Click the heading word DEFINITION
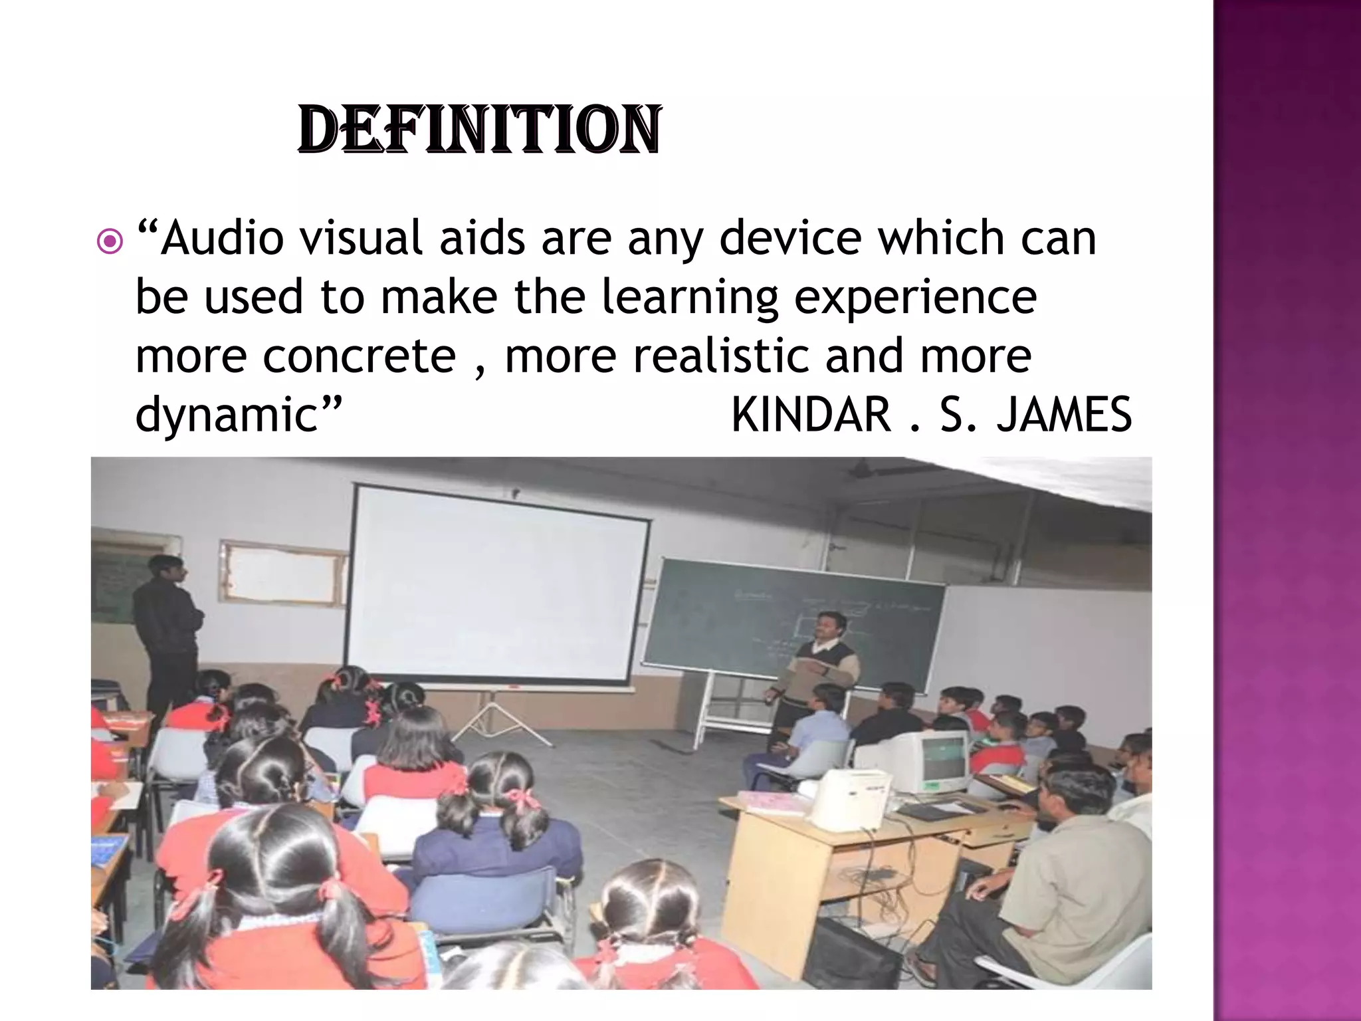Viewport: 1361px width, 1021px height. point(479,130)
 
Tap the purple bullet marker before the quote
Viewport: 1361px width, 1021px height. point(109,243)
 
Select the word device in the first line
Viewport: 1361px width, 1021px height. point(791,237)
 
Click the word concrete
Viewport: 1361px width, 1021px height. point(359,356)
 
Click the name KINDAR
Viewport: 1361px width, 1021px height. point(811,414)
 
